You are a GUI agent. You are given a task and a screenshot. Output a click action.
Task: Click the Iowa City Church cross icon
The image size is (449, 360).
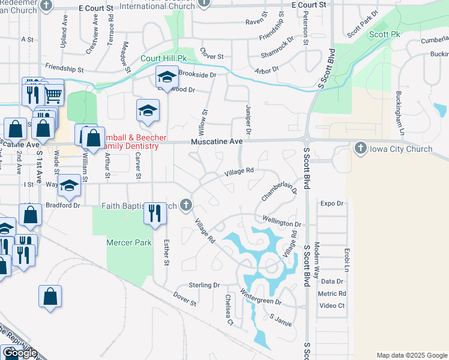pos(360,148)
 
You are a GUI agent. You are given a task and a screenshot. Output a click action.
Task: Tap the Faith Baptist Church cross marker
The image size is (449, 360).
pos(186,206)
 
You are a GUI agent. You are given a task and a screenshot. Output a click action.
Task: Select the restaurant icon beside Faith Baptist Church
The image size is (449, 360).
pos(155,214)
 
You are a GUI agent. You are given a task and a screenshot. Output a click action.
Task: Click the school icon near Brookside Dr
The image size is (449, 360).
pos(167,77)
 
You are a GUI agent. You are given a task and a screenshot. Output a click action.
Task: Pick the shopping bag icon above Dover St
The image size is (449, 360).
pos(50,296)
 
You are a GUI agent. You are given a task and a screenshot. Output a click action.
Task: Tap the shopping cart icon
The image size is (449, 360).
pos(53,94)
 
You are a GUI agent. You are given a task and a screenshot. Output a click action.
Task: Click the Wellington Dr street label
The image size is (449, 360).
pos(281,221)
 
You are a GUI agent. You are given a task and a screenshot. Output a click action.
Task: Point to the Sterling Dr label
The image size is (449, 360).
pos(204,285)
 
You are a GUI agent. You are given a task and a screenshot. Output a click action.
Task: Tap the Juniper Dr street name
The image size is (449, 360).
pos(248,118)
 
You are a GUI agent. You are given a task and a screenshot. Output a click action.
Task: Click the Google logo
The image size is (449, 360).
pos(20,353)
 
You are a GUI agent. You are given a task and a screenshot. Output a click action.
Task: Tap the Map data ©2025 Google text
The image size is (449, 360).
pos(411,355)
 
